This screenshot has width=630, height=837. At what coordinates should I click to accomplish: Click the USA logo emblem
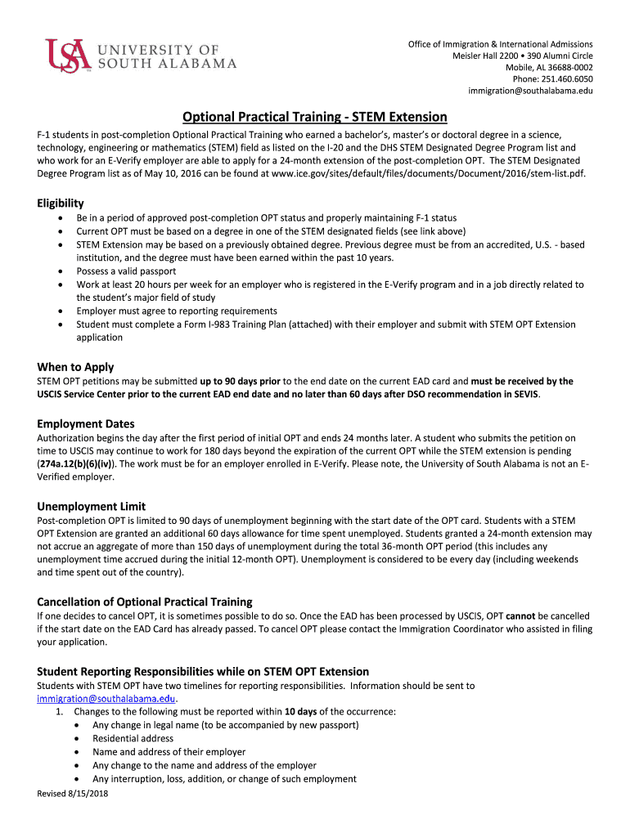[x=65, y=56]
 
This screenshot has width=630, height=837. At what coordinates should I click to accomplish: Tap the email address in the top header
[x=530, y=90]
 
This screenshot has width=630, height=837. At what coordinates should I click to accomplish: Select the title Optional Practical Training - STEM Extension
[x=314, y=117]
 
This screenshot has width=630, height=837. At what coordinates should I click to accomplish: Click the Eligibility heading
[x=61, y=203]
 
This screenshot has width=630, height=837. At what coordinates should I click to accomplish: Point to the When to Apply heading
[x=75, y=367]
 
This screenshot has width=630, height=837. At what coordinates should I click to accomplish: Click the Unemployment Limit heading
[x=91, y=506]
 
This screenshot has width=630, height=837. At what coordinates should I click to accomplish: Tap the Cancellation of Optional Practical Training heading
[x=145, y=602]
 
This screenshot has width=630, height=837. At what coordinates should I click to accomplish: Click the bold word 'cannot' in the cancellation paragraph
[x=521, y=615]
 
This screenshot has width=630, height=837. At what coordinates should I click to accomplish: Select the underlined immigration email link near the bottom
[x=106, y=699]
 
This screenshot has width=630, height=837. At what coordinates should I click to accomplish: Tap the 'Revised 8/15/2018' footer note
[x=73, y=793]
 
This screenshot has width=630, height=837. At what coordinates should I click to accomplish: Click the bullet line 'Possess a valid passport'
[x=126, y=271]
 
